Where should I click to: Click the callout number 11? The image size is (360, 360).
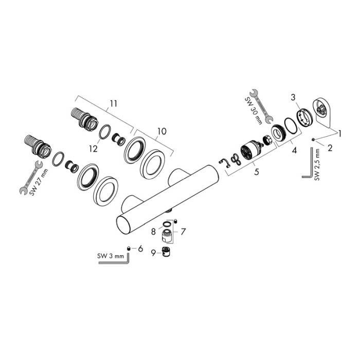[113, 103]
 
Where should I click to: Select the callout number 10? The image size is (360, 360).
[161, 132]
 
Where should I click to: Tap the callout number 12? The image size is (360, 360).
[94, 149]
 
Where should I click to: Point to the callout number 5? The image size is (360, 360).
[257, 171]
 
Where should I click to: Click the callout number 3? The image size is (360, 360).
[293, 97]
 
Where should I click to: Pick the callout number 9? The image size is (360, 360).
[153, 253]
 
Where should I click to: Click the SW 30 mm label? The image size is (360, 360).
[254, 112]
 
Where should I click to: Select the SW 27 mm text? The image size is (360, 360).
[39, 182]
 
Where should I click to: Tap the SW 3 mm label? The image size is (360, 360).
[111, 256]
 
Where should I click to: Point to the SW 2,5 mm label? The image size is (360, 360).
[317, 165]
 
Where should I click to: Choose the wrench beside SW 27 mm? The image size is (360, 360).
[31, 178]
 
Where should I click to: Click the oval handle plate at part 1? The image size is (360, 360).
[322, 113]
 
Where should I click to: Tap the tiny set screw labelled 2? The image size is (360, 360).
[313, 139]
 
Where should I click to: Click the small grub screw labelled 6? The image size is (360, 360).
[129, 248]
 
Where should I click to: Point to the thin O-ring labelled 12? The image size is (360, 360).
[105, 132]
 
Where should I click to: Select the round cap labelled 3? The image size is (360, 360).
[304, 118]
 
